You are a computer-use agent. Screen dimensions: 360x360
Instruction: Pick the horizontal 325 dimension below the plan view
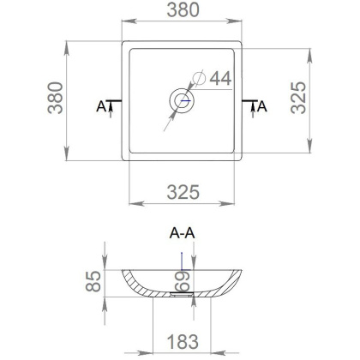pos(181,189)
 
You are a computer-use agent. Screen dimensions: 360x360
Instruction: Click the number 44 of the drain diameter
pos(220,79)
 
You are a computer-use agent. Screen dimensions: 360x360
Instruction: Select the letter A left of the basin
pos(101,107)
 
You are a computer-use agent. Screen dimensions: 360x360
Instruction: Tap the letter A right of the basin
pos(261,107)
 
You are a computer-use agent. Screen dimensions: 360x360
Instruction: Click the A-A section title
pos(181,233)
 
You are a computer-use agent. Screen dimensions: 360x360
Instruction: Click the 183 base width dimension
pos(181,340)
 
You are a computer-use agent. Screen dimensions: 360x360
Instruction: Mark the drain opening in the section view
pos(181,292)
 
